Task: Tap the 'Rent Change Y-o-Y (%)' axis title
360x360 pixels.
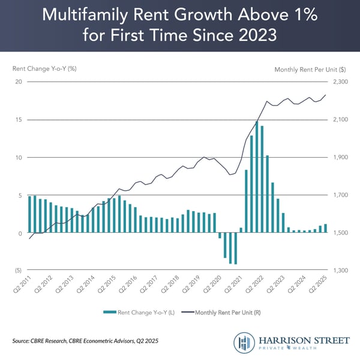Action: (45, 68)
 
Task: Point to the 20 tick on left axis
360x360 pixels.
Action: (19, 82)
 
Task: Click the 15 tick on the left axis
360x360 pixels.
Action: (19, 119)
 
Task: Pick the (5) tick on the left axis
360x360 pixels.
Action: (19, 271)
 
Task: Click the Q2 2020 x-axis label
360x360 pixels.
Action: (212, 285)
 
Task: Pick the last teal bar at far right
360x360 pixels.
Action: (326, 229)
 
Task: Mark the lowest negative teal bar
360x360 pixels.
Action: (236, 248)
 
